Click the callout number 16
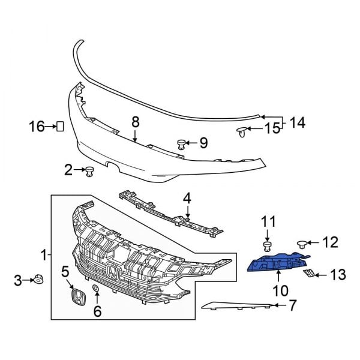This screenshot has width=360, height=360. point(37,126)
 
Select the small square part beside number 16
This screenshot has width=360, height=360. point(61,126)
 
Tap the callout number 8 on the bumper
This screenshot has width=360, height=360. point(136,122)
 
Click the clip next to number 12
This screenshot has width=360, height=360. point(303,244)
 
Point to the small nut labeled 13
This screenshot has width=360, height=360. point(307,274)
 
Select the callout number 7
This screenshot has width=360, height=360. point(292,305)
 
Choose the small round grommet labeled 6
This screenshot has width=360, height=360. point(95,290)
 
